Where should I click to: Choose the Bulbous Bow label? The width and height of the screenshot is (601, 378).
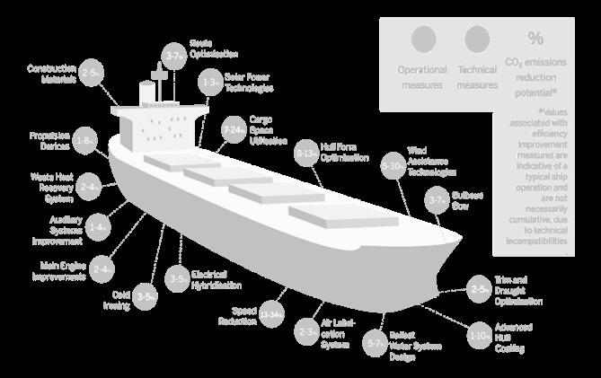(x=466, y=198)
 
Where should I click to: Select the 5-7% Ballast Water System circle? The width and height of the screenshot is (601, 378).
(x=375, y=342)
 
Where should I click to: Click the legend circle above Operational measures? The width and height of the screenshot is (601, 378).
(x=423, y=40)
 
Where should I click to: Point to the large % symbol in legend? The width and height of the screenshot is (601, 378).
(x=535, y=39)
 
